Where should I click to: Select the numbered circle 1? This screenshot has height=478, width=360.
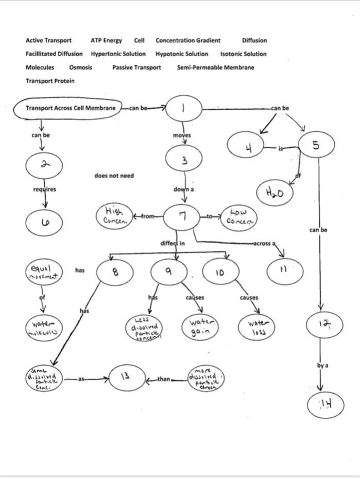184,109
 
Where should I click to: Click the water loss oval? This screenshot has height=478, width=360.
256,326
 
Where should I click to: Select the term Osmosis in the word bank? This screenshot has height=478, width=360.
80,67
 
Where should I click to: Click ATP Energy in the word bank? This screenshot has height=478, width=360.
106,41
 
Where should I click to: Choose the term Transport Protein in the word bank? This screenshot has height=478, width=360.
50,81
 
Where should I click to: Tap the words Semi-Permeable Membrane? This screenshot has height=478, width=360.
215,67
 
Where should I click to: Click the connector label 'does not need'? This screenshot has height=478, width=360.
114,176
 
